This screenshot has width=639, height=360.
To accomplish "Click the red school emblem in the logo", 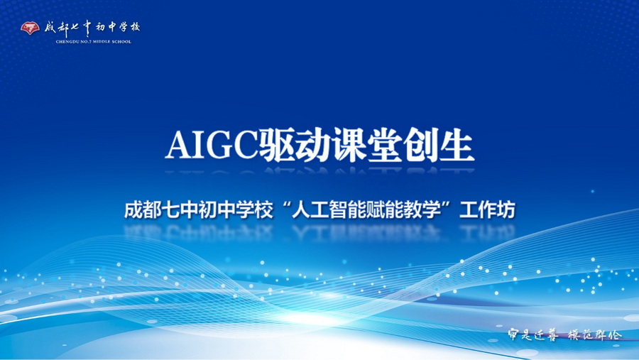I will tap(30, 28).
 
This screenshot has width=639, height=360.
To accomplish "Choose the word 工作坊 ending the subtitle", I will tap(486, 211).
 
